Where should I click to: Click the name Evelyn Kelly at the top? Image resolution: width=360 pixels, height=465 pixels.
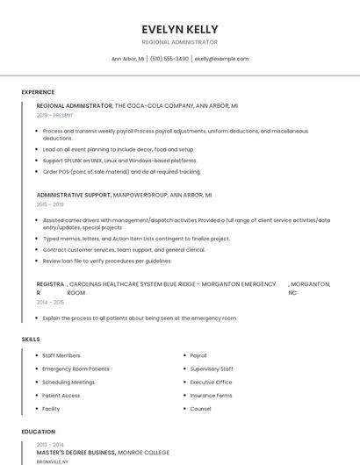tap(180, 29)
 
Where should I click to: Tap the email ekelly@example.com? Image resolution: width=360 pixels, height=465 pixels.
tap(221, 59)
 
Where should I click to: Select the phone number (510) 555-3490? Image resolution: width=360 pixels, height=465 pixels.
tap(169, 59)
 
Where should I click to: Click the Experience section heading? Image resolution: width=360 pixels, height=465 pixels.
tap(38, 92)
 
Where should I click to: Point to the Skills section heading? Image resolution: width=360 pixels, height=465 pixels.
tap(31, 339)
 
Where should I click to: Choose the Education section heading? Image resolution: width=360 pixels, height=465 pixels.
tap(39, 432)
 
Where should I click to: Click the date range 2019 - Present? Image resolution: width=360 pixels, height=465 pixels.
tap(55, 115)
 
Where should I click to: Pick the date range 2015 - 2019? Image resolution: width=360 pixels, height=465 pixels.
tap(50, 204)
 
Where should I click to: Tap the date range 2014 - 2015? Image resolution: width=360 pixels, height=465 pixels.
tap(50, 302)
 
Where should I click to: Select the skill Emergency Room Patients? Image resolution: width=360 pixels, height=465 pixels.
tap(76, 368)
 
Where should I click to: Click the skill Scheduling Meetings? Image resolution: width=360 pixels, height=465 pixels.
tap(68, 382)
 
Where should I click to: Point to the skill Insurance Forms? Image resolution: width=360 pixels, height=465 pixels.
tap(211, 395)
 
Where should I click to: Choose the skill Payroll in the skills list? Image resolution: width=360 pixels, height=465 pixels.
tap(198, 355)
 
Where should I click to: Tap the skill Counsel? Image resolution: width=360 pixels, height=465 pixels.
tap(200, 408)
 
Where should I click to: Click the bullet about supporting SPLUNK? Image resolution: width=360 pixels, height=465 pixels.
tap(120, 161)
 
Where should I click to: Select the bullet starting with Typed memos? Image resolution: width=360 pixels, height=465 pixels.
tap(136, 238)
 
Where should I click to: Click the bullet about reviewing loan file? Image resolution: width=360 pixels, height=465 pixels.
tap(107, 261)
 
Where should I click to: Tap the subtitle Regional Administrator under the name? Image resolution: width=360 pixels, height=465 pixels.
tap(180, 42)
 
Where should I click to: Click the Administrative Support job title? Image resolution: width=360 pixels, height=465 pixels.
tap(74, 195)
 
